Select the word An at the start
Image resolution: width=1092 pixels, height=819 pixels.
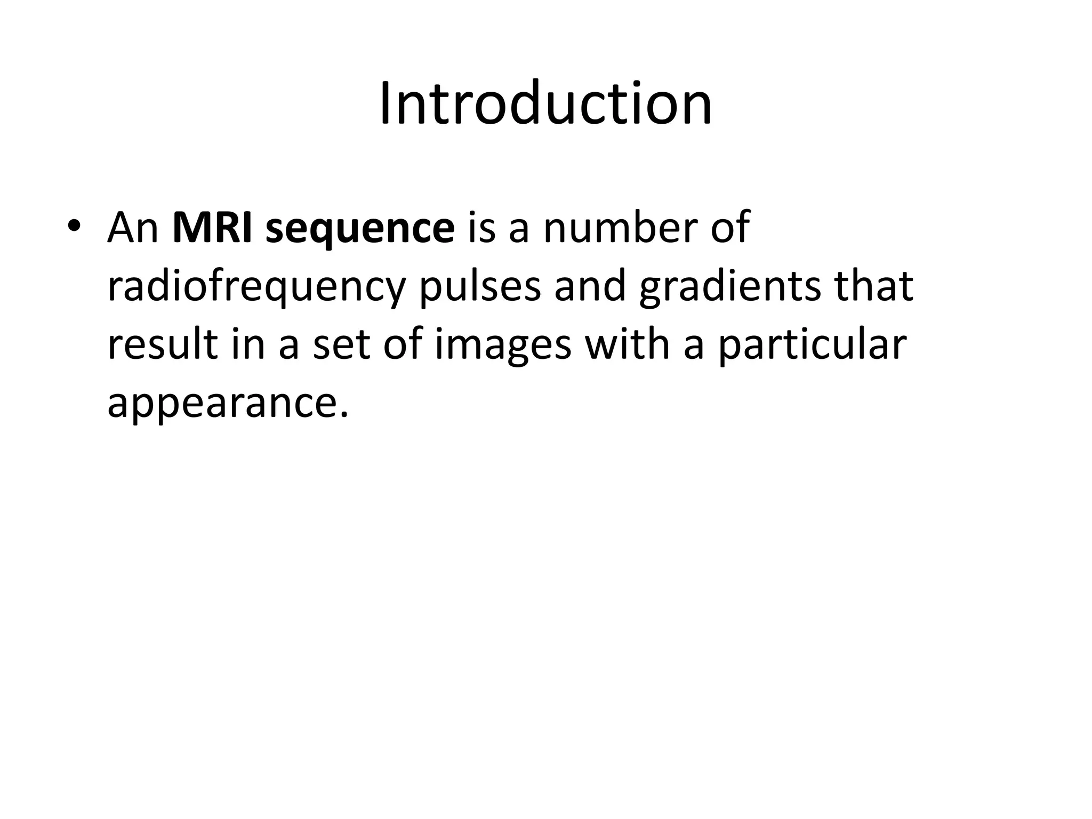[x=133, y=228]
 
